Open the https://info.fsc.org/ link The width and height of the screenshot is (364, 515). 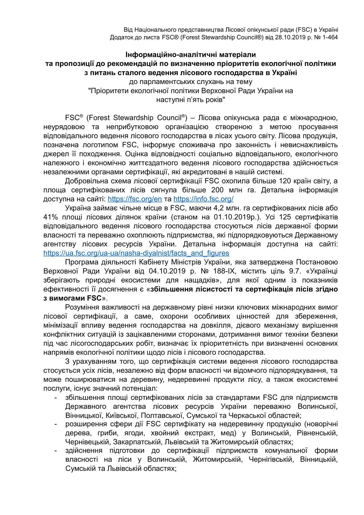pyautogui.click(x=203, y=198)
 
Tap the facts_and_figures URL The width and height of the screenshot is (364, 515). pyautogui.click(x=136, y=253)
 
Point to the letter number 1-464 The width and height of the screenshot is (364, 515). pyautogui.click(x=330, y=37)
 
